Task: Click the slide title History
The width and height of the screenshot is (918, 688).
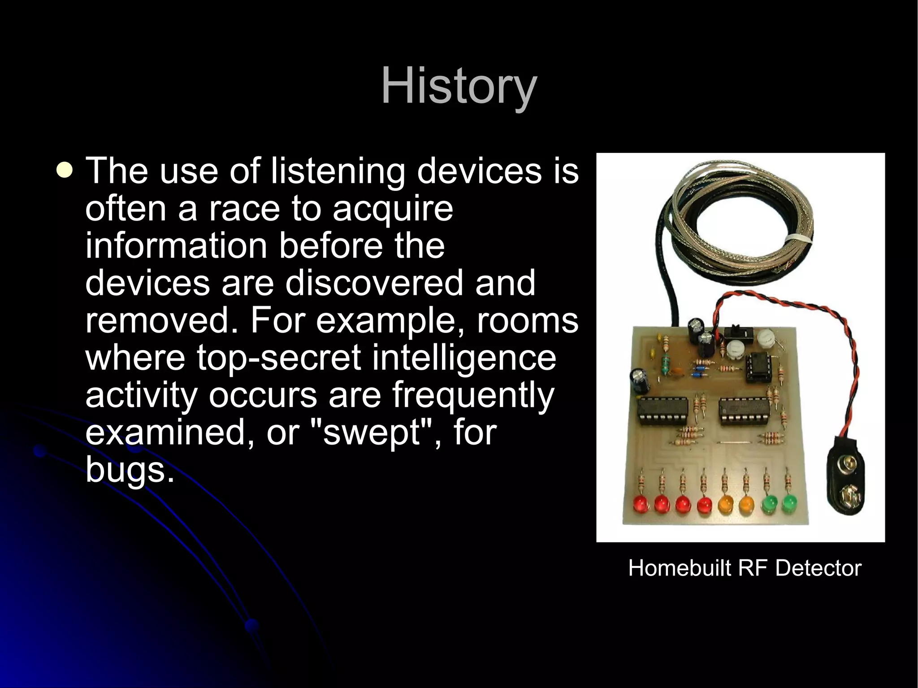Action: [459, 86]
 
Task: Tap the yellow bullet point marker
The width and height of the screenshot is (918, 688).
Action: [65, 171]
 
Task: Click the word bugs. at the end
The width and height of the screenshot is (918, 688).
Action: [130, 470]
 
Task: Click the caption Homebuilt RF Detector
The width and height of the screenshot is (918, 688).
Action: [745, 568]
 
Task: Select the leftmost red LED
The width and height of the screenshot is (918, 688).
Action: [641, 505]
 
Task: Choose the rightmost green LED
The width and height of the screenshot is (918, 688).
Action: [788, 504]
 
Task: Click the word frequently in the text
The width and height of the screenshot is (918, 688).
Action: [473, 395]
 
